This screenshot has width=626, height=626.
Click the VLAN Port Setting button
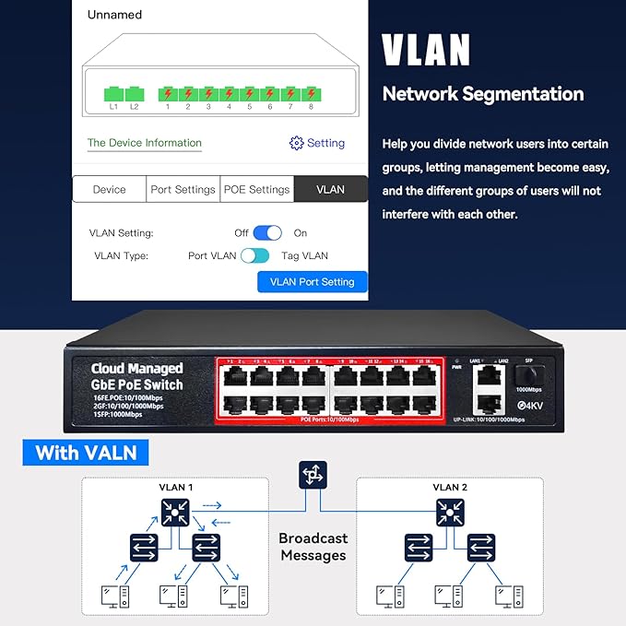(312, 281)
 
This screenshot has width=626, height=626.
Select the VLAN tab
(330, 189)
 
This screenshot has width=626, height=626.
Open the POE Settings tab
(256, 189)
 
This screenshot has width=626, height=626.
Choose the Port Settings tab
(183, 189)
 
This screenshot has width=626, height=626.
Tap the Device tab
(109, 189)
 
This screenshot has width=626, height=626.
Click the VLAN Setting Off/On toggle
(267, 233)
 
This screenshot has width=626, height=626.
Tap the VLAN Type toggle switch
(254, 255)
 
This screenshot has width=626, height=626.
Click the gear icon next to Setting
(296, 143)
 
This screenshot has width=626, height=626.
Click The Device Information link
(144, 143)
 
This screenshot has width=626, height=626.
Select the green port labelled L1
(114, 93)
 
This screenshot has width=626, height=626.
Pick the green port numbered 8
(311, 93)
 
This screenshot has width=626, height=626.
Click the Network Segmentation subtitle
(482, 94)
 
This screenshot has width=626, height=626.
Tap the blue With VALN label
(87, 453)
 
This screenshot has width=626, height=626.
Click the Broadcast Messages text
(313, 546)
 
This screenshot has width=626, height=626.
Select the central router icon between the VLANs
(311, 476)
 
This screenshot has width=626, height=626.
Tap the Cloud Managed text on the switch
(136, 368)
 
